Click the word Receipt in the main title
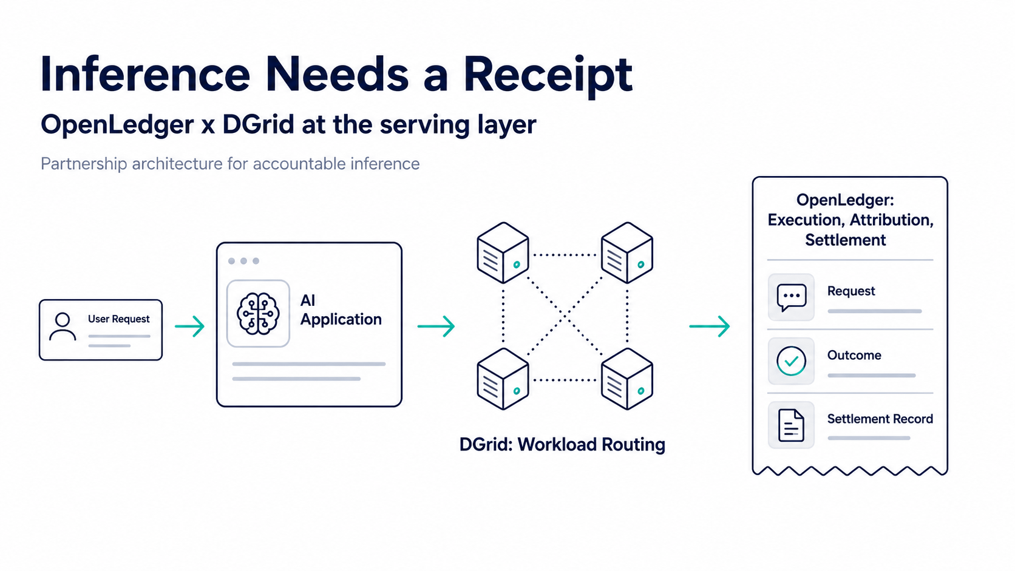point(548,75)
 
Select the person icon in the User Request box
point(63,326)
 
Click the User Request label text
point(119,319)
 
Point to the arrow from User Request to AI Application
point(189,326)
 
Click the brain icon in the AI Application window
point(258,314)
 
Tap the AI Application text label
point(341,309)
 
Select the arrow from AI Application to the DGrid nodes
point(436,326)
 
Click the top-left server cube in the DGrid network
point(503,252)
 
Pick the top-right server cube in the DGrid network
point(627,252)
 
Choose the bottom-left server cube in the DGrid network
point(503,379)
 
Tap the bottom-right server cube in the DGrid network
point(627,379)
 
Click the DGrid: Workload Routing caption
point(562,445)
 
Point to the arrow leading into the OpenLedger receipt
point(709,326)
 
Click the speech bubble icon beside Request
point(792,297)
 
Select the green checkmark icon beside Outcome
point(791,361)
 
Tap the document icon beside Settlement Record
point(791,425)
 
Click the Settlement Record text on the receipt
point(880,419)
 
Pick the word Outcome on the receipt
point(854,355)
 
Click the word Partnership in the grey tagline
point(84,164)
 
